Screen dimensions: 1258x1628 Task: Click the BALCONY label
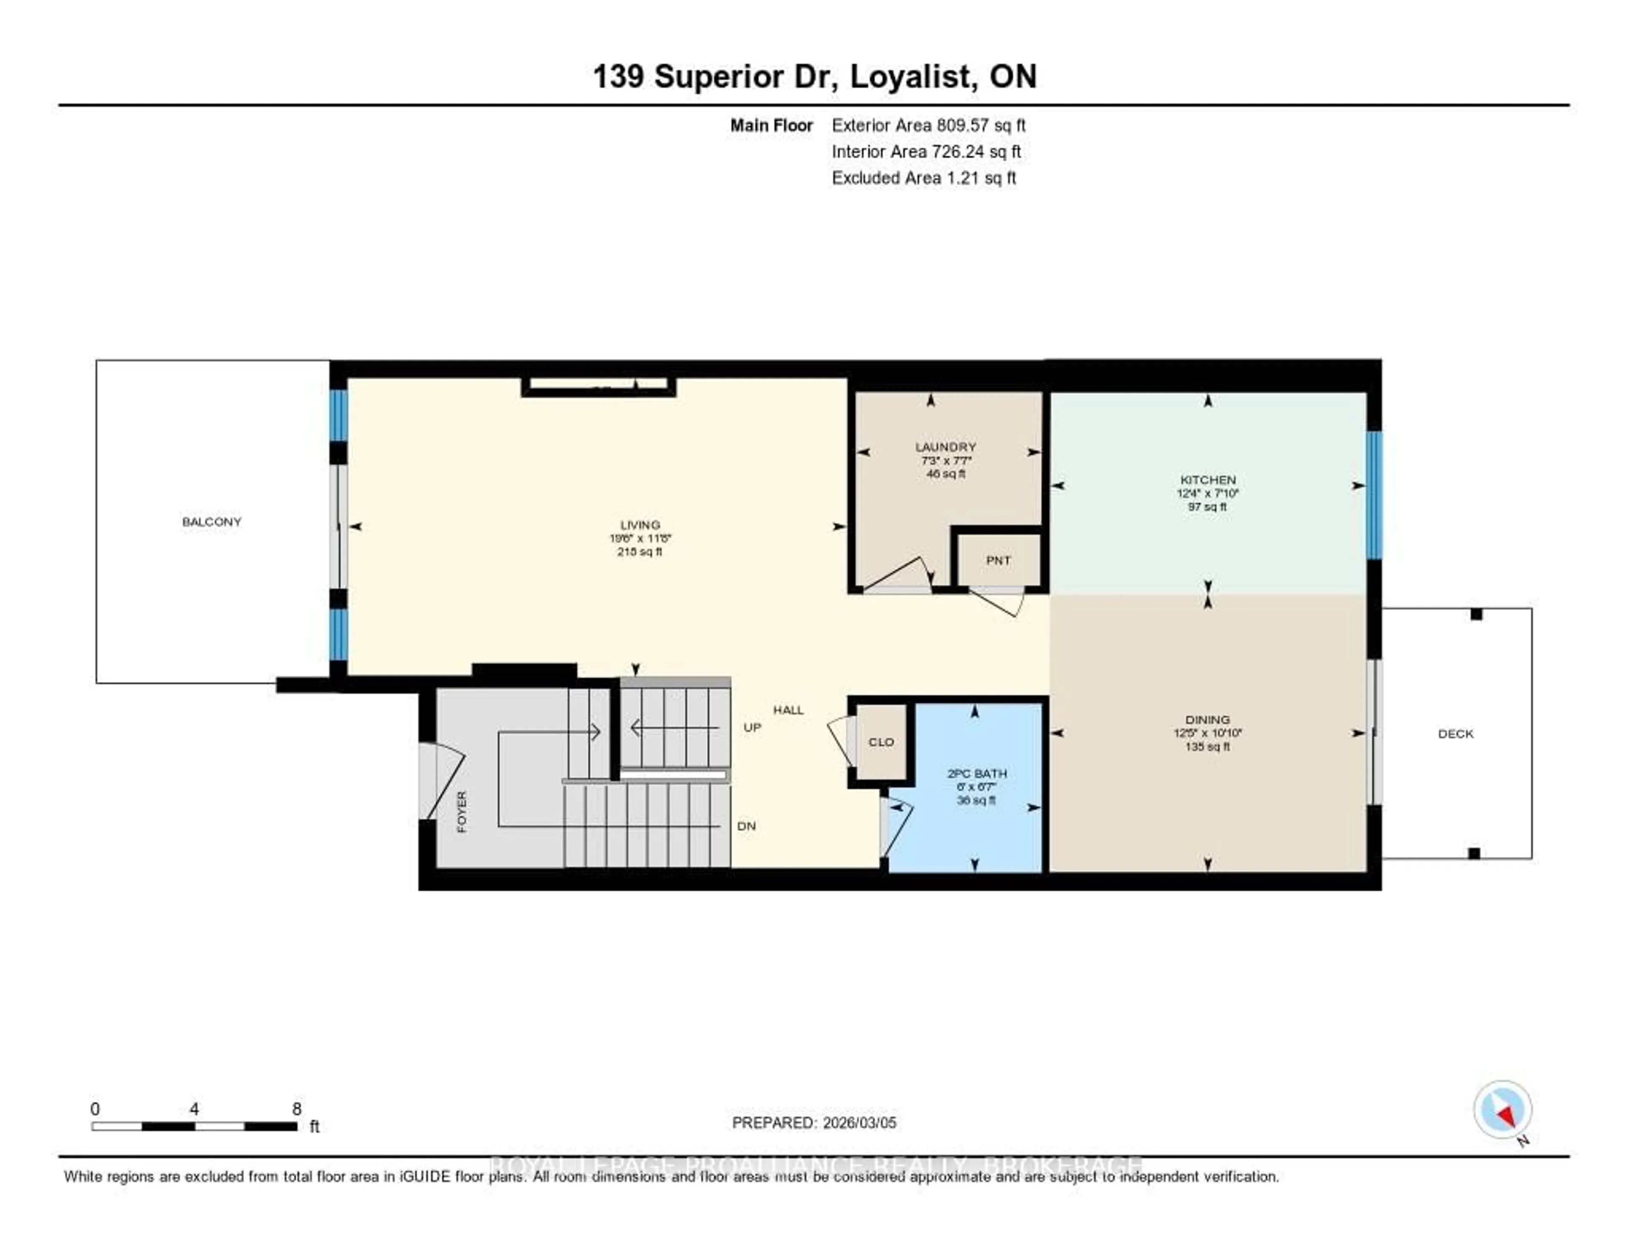click(x=212, y=522)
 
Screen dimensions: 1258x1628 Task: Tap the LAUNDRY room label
click(x=945, y=447)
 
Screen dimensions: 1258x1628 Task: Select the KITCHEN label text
click(x=1207, y=479)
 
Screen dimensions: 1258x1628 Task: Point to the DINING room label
click(x=1207, y=720)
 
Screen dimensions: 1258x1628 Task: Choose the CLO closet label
click(x=881, y=742)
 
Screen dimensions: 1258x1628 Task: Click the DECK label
click(x=1455, y=734)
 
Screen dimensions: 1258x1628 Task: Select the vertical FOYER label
click(x=461, y=812)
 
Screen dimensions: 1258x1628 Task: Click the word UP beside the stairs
click(x=752, y=727)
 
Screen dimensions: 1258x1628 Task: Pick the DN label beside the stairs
click(x=746, y=826)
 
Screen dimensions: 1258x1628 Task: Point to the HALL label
click(x=788, y=710)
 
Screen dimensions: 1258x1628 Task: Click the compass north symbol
click(x=1503, y=1111)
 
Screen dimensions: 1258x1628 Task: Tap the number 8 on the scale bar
click(x=297, y=1109)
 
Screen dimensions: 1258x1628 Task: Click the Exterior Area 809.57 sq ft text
click(x=928, y=125)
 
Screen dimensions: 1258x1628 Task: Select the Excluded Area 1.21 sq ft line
click(x=923, y=177)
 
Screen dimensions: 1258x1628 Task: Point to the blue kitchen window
click(x=1373, y=495)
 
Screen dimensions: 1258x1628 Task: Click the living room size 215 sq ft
click(x=640, y=552)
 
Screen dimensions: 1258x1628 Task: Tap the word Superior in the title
click(x=719, y=77)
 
